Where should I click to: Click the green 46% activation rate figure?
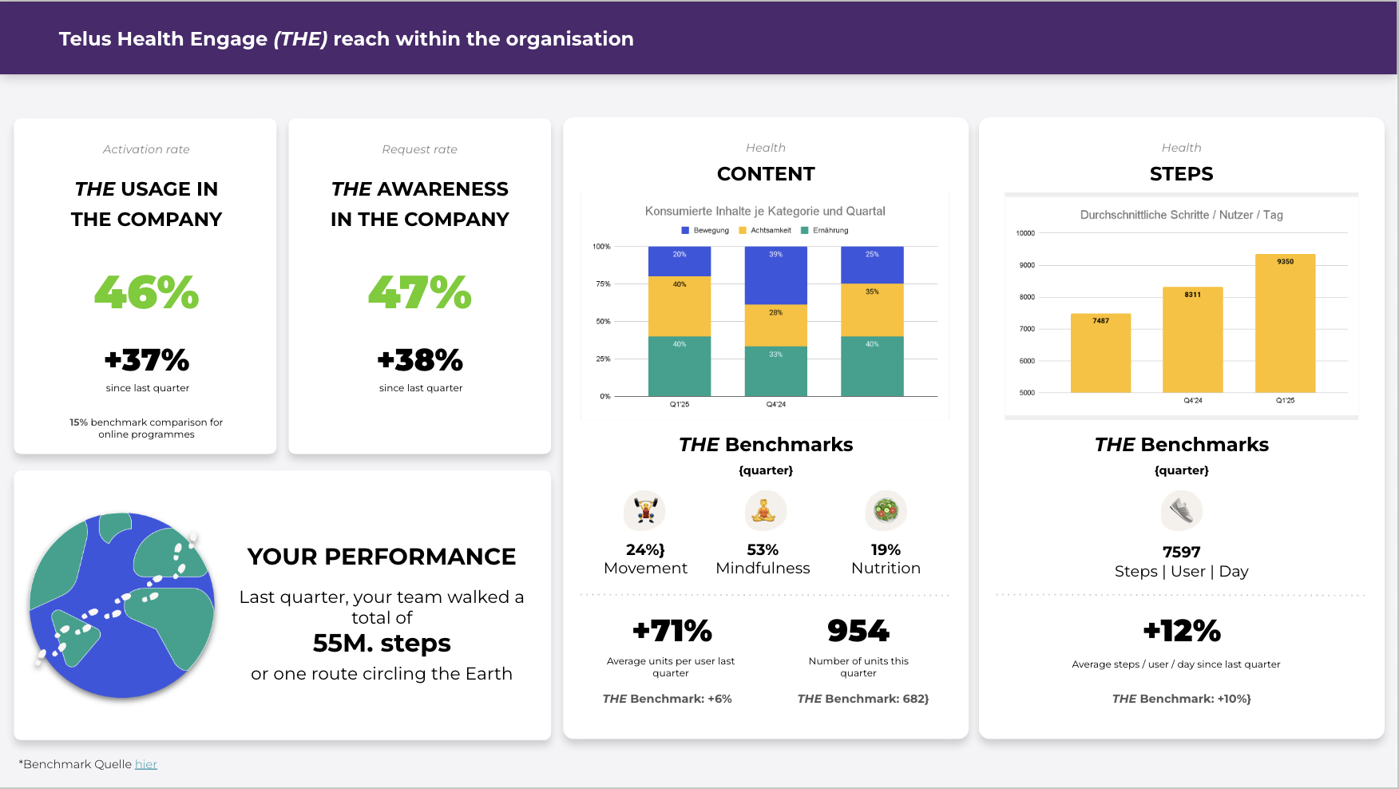146,292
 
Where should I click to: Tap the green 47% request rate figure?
420,292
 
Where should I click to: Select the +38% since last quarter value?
420,360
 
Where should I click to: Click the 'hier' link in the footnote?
146,764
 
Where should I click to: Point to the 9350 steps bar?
1285,323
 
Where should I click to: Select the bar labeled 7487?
1100,353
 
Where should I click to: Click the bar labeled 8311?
1192,339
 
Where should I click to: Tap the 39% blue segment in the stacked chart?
775,276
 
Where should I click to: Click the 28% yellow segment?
775,325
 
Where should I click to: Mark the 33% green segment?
775,371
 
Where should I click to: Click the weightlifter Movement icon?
645,510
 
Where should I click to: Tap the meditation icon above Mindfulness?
765,510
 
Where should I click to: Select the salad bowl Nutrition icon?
886,510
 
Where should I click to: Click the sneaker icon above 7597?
1181,510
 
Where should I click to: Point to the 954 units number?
858,631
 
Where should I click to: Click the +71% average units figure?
672,631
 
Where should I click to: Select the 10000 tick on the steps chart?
1025,233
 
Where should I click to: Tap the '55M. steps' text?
382,643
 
